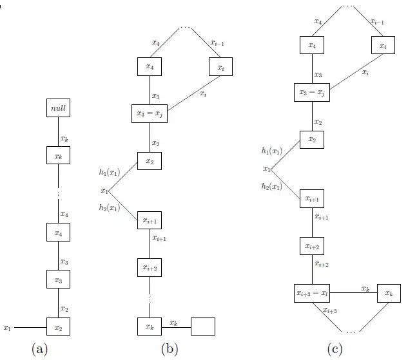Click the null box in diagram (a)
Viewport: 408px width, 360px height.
58,109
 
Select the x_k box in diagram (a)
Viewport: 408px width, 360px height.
58,156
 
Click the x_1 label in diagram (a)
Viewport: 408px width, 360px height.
8,327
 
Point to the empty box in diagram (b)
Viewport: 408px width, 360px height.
204,327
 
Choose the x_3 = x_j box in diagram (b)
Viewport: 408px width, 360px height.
150,114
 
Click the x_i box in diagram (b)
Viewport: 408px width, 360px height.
220,66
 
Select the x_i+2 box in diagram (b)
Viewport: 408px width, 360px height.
150,267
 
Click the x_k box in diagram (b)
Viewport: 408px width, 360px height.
150,327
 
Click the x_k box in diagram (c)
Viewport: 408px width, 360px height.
388,293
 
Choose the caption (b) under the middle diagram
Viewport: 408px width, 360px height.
170,349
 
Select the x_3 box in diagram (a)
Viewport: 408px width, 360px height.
58,280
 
